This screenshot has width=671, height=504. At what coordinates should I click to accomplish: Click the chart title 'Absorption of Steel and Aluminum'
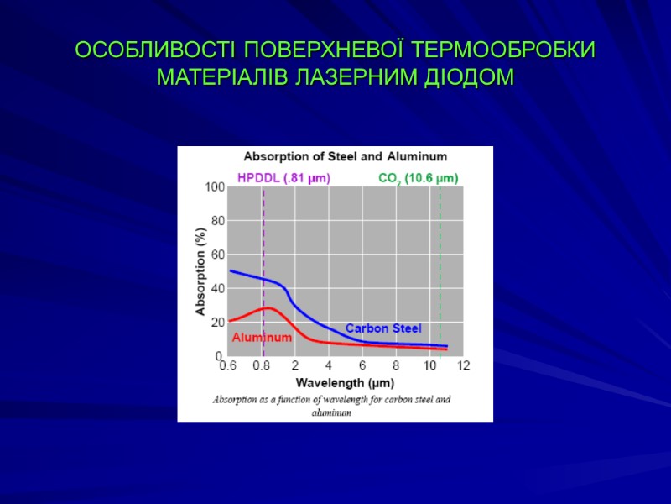345,156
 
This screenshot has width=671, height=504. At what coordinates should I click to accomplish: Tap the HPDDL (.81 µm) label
283,178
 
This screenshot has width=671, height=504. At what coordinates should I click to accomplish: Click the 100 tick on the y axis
215,187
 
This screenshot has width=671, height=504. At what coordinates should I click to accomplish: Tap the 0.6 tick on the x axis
227,366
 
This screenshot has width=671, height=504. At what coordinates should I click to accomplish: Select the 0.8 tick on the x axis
262,366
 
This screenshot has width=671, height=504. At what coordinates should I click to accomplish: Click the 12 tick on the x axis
463,366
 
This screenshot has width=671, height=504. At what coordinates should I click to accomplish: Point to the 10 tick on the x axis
429,366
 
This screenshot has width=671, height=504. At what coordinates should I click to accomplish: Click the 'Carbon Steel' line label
383,328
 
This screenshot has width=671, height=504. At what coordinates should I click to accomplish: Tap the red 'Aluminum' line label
262,338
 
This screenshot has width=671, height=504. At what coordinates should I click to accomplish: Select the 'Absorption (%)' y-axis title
200,271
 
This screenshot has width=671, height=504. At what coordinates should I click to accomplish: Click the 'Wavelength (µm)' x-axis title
344,381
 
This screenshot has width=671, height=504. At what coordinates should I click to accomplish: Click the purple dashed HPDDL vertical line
263,244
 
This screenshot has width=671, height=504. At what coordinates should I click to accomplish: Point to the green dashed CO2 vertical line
440,252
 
